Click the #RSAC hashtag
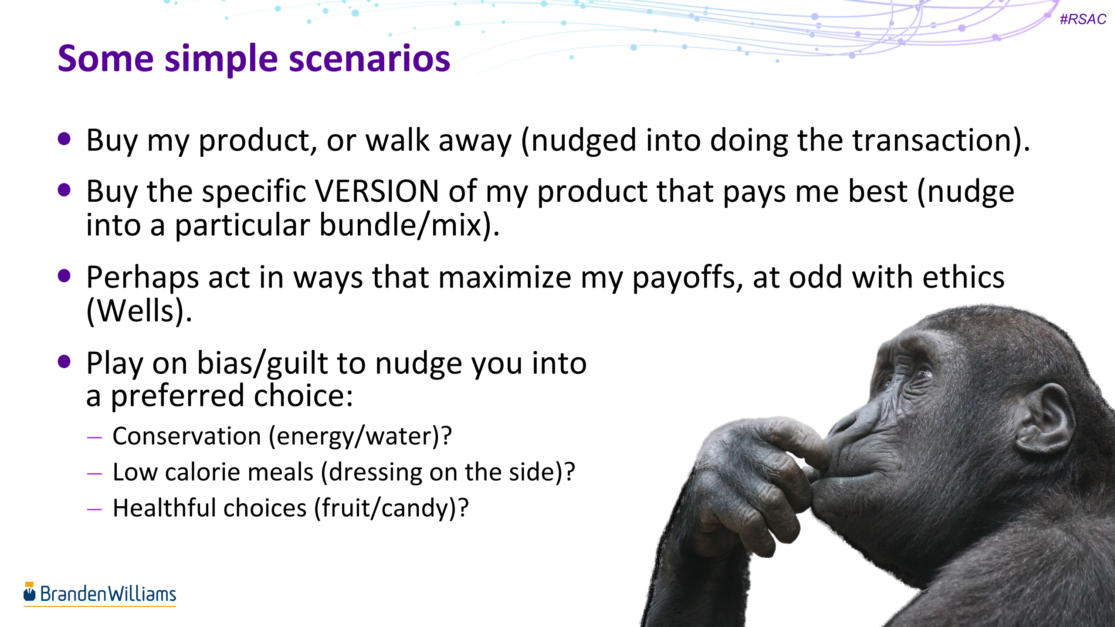point(1082,19)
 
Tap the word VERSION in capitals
point(376,191)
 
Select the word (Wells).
point(139,311)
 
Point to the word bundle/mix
point(410,225)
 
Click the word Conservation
point(186,436)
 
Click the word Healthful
point(166,508)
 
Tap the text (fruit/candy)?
point(391,508)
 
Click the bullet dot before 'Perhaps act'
point(64,276)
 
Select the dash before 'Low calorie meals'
point(94,473)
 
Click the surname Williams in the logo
point(142,594)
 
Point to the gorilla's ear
point(1046,418)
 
